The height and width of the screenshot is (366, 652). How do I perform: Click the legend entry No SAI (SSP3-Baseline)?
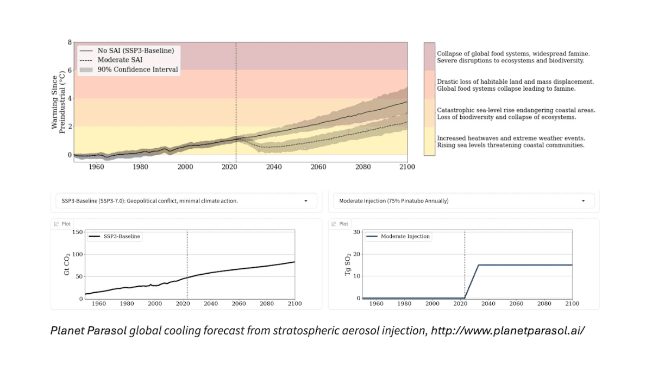coord(135,51)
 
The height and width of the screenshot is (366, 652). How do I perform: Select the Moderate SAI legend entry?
coord(120,60)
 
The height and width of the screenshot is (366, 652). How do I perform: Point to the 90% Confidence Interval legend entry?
coord(137,70)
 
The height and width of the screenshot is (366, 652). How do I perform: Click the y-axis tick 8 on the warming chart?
coord(70,42)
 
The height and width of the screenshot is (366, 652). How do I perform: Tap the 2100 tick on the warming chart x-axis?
coord(406,167)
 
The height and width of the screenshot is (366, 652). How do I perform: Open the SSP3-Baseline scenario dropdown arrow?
coord(306,201)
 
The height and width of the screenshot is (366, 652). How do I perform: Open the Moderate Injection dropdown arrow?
coord(584,201)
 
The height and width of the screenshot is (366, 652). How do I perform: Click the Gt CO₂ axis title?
coord(67,264)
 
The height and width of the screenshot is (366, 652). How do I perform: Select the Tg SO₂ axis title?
coord(348,264)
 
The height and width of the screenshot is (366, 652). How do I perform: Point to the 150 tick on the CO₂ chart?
coord(77,232)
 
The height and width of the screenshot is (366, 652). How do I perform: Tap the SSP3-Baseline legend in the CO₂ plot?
coord(119,237)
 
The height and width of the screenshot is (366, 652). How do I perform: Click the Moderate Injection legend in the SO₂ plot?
coord(405,237)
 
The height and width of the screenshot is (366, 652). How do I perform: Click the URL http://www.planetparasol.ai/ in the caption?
coord(507,330)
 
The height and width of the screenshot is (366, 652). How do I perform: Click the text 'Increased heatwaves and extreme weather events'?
coord(510,138)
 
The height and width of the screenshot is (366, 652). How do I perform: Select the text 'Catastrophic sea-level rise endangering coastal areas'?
coord(516,110)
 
